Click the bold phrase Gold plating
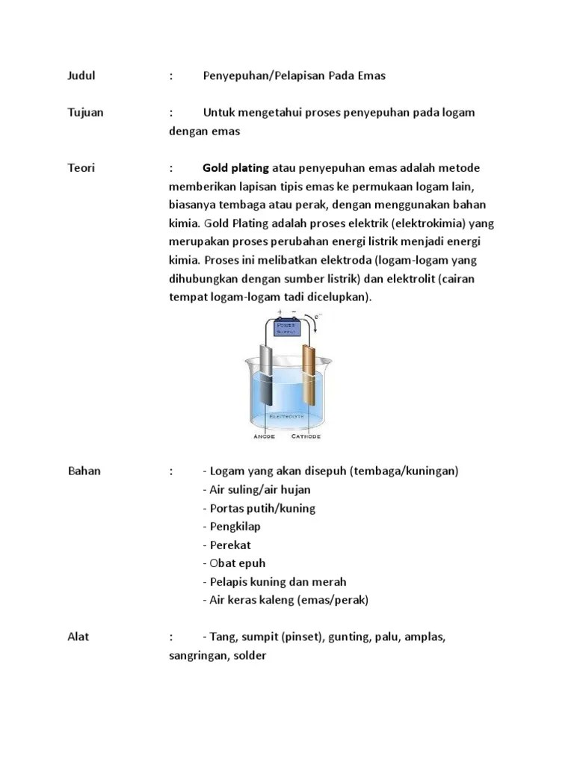pyautogui.click(x=235, y=168)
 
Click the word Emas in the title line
pyautogui.click(x=371, y=76)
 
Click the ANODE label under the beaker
pyautogui.click(x=264, y=436)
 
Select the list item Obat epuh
pyautogui.click(x=234, y=563)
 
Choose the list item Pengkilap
pyautogui.click(x=232, y=527)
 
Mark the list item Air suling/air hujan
pyautogui.click(x=256, y=490)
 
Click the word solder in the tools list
pyautogui.click(x=250, y=655)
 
